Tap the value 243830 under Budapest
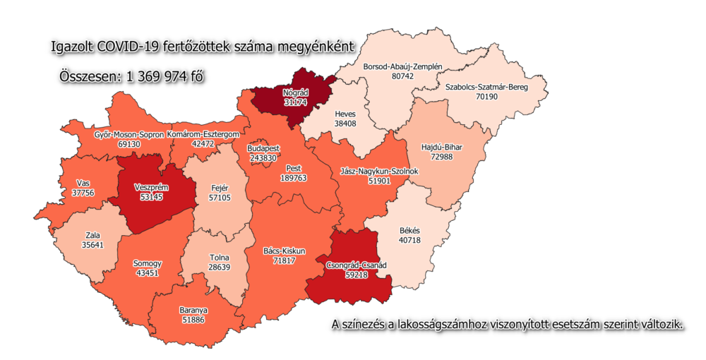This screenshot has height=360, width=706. (x=263, y=158)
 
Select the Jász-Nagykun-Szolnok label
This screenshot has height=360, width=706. (x=375, y=171)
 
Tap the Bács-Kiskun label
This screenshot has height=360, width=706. (x=283, y=251)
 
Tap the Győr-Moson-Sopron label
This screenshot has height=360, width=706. (x=129, y=133)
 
